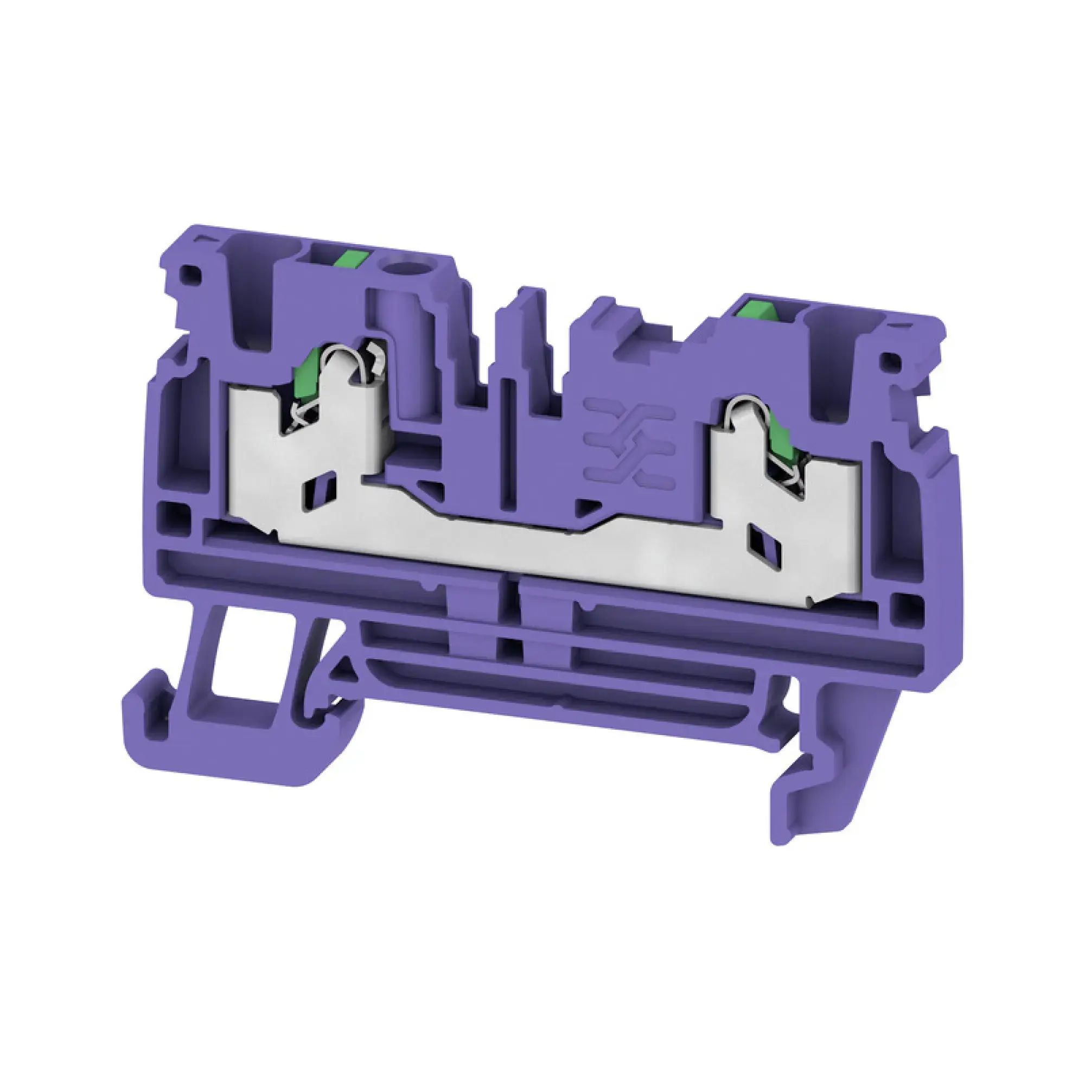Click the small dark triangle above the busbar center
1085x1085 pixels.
[584, 508]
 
